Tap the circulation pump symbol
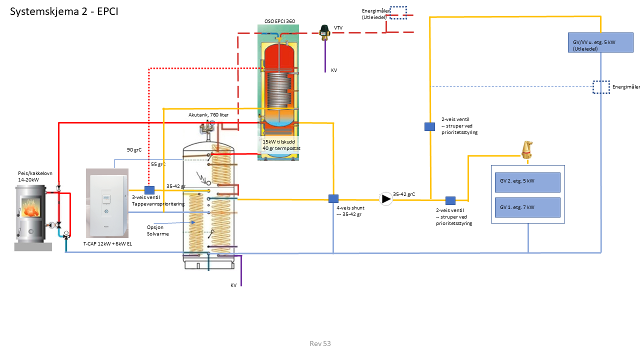pos(386,199)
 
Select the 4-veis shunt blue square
pos(333,198)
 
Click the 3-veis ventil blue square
pos(149,190)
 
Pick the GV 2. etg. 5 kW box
pos(527,181)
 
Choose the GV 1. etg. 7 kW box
pos(527,207)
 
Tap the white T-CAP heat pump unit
pos(107,203)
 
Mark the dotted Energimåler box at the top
pos(398,12)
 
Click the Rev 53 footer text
pos(320,343)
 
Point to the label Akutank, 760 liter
pos(208,115)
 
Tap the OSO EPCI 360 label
pos(279,21)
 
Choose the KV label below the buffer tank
pos(233,285)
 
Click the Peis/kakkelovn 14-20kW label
pos(35,176)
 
